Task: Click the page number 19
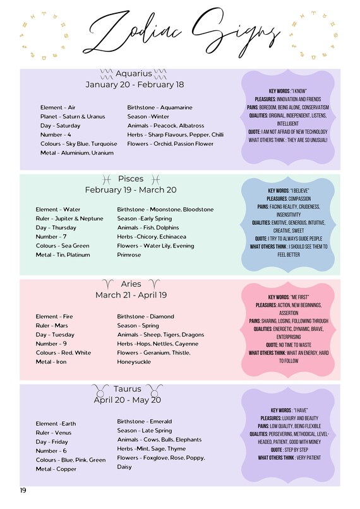23,490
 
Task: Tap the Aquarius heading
135,73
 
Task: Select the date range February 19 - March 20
131,189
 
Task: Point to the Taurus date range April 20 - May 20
128,400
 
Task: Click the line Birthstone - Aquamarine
160,108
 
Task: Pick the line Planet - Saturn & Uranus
73,117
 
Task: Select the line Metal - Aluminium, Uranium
76,153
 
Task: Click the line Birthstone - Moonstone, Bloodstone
165,210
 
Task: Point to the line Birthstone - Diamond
146,316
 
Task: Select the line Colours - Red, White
64,353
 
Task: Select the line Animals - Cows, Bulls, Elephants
160,440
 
